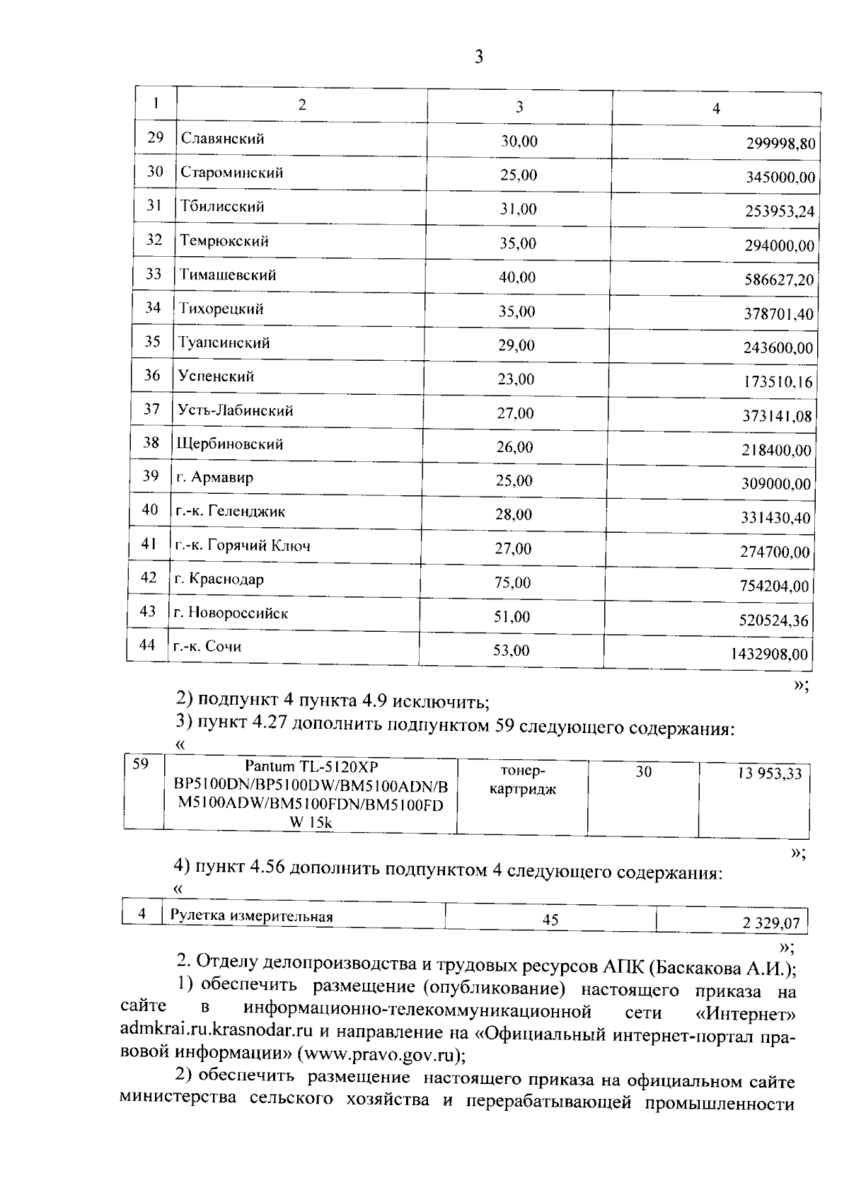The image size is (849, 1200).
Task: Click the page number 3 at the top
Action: click(x=478, y=57)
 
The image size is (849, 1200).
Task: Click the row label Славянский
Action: click(x=223, y=139)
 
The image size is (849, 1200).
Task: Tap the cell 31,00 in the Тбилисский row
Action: click(x=518, y=209)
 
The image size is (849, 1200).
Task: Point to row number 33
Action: click(x=154, y=274)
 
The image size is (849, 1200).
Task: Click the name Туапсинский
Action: click(x=224, y=343)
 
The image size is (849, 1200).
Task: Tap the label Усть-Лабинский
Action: click(x=236, y=411)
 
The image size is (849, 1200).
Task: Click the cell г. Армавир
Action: click(x=214, y=478)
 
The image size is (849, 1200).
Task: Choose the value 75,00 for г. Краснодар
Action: click(x=512, y=583)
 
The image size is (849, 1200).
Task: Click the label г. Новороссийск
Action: click(x=231, y=613)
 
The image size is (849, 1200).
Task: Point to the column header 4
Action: click(x=716, y=109)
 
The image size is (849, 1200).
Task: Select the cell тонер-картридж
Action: click(x=522, y=780)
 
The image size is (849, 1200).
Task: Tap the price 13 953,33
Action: click(x=770, y=774)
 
